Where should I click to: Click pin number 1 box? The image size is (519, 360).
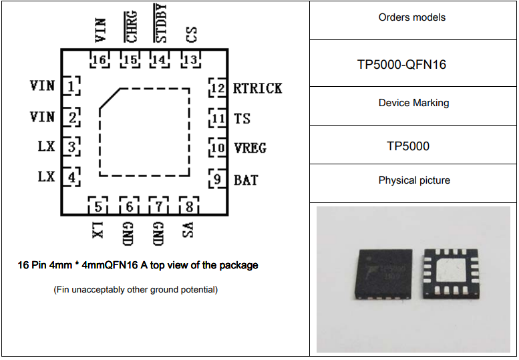[x=71, y=86]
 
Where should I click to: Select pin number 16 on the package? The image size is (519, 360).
[x=100, y=60]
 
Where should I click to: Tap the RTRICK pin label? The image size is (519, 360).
[x=257, y=88]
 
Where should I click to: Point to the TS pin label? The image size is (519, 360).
[x=242, y=119]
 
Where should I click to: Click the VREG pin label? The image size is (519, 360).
[x=250, y=148]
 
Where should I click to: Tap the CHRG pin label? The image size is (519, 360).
[x=132, y=26]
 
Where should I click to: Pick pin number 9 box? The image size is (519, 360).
[x=217, y=180]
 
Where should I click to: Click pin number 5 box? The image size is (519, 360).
[x=98, y=206]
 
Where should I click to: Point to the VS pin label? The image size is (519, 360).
[x=189, y=230]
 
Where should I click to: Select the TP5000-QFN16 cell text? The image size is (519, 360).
[x=411, y=65]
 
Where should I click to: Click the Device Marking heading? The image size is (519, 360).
[x=413, y=103]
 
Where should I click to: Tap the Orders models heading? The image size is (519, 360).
[x=411, y=17]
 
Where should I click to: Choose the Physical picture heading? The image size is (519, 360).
[x=414, y=180]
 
